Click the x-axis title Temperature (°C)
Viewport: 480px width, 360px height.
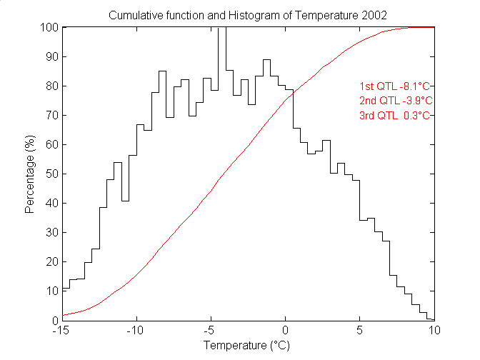pyautogui.click(x=248, y=346)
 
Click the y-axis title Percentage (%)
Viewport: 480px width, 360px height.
pyautogui.click(x=30, y=174)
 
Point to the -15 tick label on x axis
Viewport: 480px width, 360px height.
pyautogui.click(x=64, y=331)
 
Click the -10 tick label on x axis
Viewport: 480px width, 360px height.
pyautogui.click(x=137, y=331)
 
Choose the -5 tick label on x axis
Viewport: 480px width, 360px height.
pyautogui.click(x=211, y=331)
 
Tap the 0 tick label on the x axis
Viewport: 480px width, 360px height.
pyautogui.click(x=286, y=331)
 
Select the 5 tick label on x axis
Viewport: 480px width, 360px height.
pyautogui.click(x=360, y=331)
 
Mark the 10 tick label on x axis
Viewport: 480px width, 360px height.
pyautogui.click(x=434, y=331)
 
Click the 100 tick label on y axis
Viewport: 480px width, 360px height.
pyautogui.click(x=50, y=27)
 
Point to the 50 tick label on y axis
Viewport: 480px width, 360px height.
pyautogui.click(x=52, y=174)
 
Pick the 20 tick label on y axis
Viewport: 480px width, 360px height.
pyautogui.click(x=52, y=261)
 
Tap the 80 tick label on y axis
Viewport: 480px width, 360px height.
pyautogui.click(x=52, y=86)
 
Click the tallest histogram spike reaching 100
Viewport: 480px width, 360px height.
pyautogui.click(x=222, y=43)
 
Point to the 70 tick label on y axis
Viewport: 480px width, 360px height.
pyautogui.click(x=52, y=115)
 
